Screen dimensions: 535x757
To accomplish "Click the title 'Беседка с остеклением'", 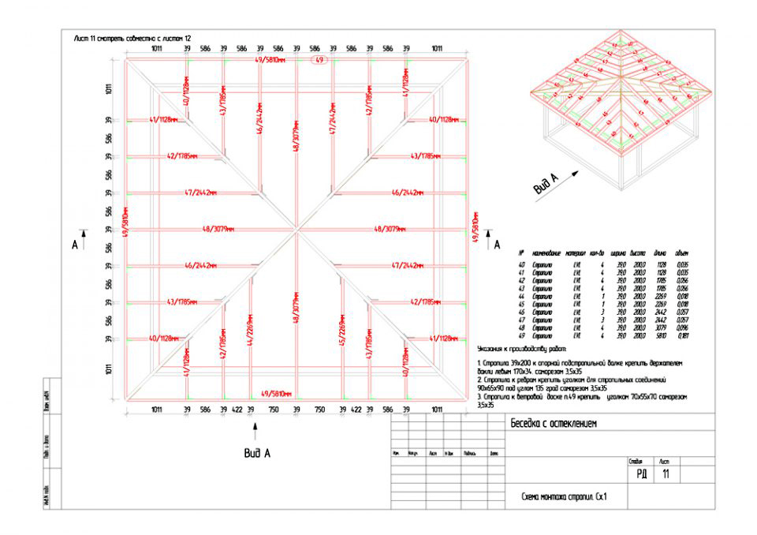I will (553, 424).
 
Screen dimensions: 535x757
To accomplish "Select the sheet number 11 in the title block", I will (666, 474).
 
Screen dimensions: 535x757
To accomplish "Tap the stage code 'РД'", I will (640, 474).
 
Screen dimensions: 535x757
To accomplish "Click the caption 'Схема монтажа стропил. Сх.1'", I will (564, 497).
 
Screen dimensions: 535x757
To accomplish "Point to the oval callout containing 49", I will (319, 61).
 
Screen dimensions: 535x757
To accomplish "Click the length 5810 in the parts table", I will (658, 336).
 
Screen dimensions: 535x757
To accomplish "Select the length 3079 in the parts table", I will (658, 327).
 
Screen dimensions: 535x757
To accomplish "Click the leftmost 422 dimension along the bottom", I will (236, 410).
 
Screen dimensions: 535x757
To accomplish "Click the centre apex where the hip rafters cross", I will (296, 230).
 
